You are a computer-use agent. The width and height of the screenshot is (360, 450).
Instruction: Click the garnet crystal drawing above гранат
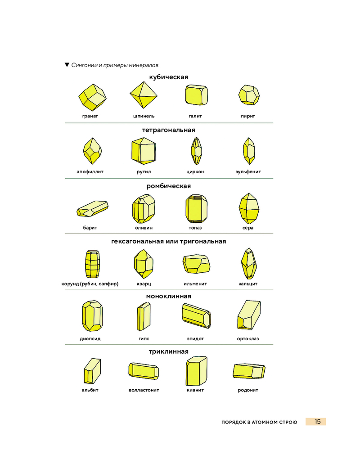92,97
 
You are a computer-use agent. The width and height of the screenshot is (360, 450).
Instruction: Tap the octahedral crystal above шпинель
144,95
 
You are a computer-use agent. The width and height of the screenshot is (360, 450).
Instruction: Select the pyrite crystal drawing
249,94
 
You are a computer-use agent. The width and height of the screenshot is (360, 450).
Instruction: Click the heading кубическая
168,77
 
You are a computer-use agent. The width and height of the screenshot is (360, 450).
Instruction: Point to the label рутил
144,171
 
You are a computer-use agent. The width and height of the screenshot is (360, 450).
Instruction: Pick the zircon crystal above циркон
196,151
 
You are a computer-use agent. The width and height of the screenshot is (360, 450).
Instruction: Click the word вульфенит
248,171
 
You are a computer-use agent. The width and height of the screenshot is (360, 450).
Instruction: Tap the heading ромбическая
168,186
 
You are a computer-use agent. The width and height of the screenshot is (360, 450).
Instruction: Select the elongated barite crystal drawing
92,209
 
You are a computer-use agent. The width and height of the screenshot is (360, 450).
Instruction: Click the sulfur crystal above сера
249,208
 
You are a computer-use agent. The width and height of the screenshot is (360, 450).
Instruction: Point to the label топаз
195,228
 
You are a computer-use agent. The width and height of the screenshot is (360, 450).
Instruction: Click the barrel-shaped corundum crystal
92,264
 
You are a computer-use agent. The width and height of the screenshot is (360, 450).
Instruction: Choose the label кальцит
248,284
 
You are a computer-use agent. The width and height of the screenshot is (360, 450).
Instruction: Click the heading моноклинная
168,296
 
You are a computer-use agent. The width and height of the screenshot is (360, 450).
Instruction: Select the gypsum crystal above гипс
144,316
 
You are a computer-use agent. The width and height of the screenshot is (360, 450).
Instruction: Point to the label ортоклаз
248,339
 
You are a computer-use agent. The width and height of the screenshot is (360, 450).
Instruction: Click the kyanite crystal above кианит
196,371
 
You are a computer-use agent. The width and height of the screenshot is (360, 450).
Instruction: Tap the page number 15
317,422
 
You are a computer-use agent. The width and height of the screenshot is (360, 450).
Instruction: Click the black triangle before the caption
67,65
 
